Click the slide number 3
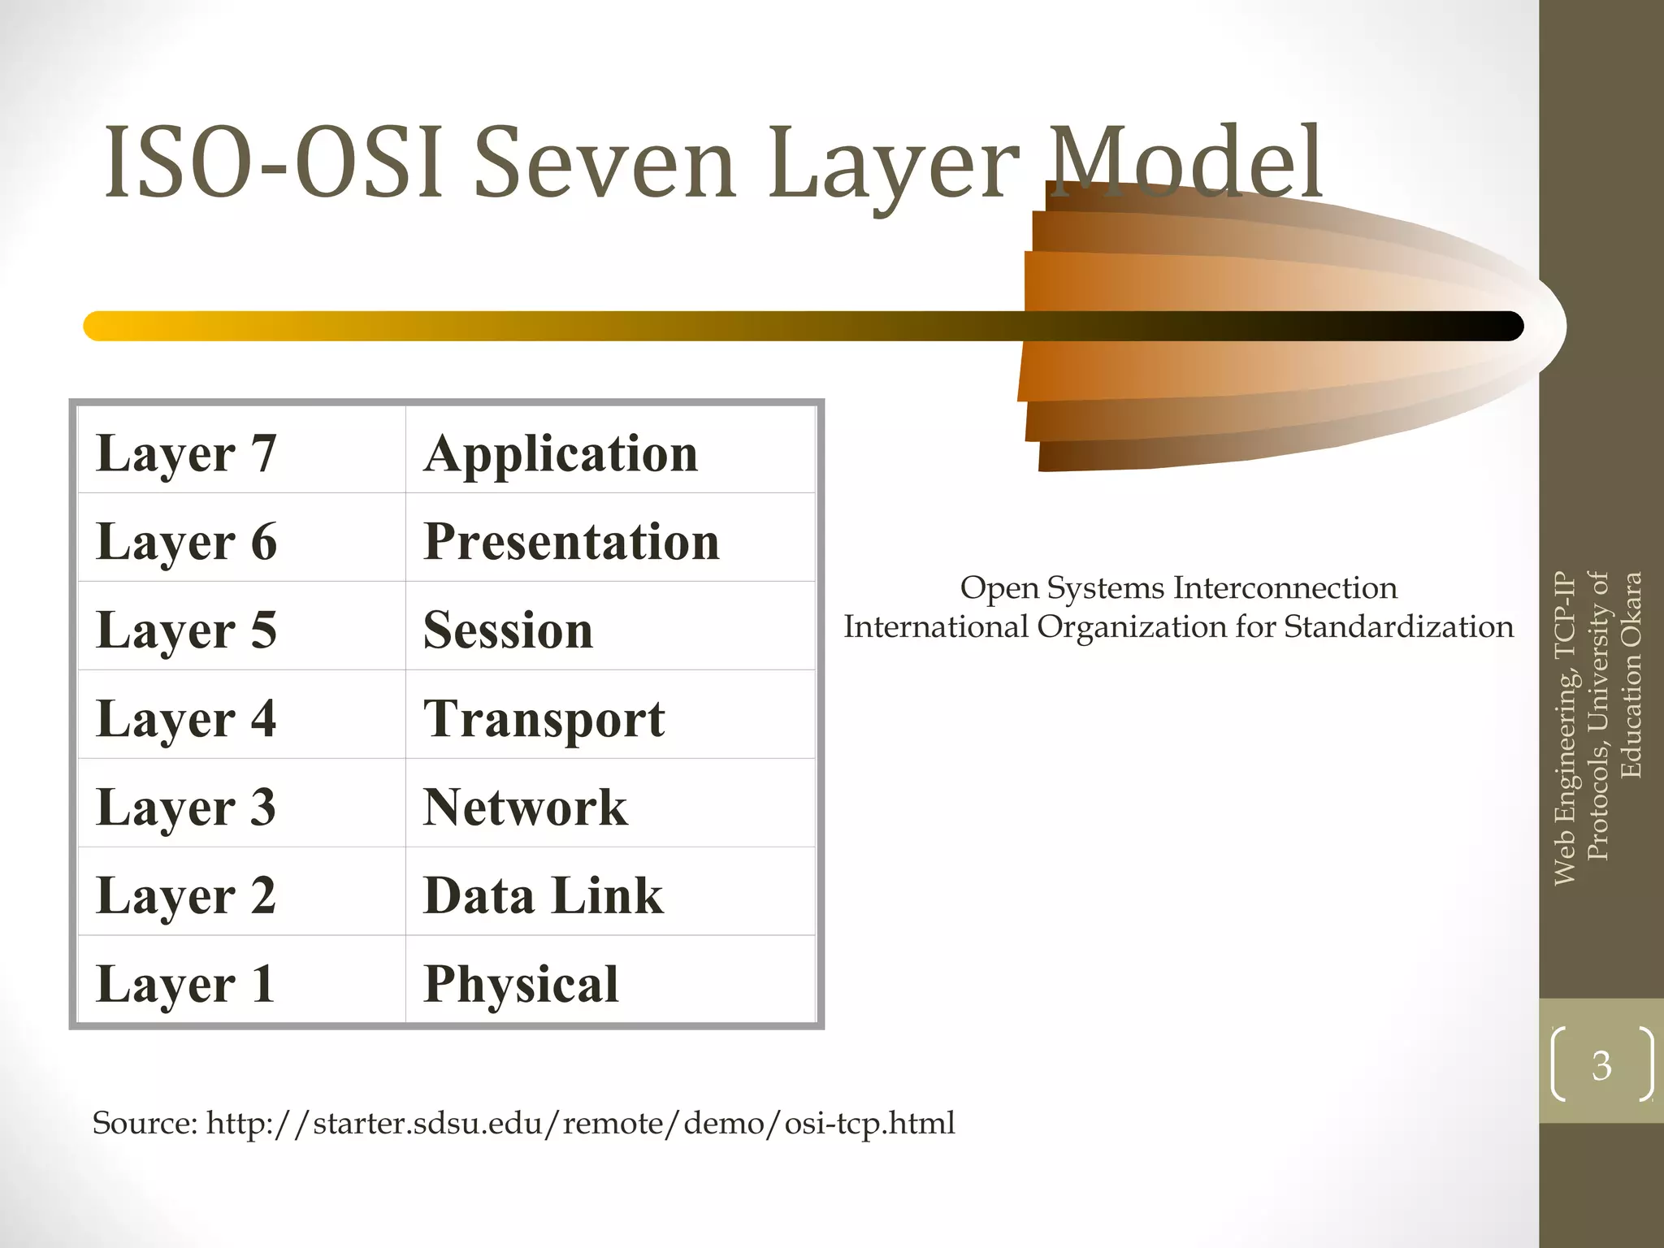click(x=1601, y=1065)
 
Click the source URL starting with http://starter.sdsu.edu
click(x=580, y=1123)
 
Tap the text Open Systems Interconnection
click(x=1178, y=587)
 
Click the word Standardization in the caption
click(x=1398, y=627)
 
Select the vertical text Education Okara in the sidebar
click(x=1631, y=675)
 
